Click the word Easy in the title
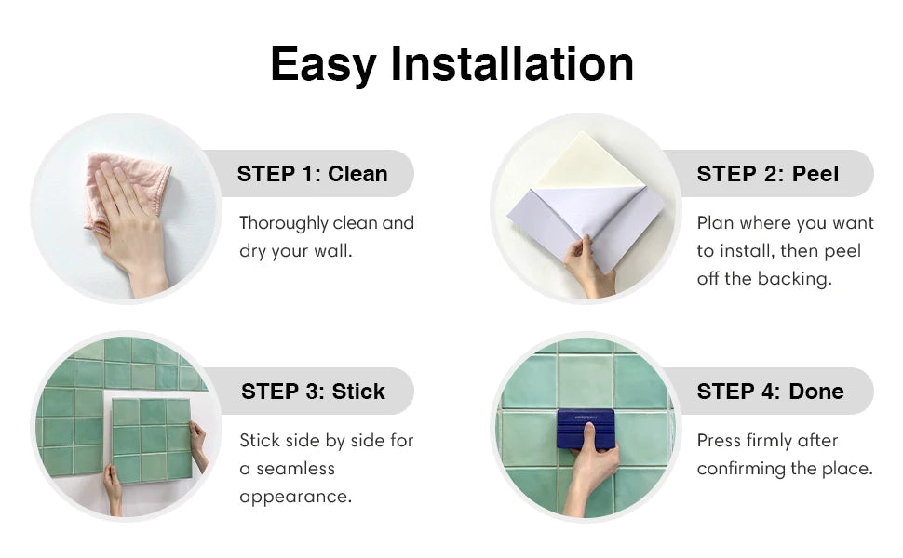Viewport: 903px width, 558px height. (x=323, y=64)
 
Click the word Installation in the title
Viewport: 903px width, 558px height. (x=511, y=64)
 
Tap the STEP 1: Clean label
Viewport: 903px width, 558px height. (x=312, y=173)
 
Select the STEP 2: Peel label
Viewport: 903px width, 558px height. (x=768, y=173)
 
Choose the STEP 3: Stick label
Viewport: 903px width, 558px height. (x=313, y=392)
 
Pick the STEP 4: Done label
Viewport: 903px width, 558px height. (x=770, y=392)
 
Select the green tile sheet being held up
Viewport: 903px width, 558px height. (x=152, y=439)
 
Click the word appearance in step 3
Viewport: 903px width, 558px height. (x=295, y=496)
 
